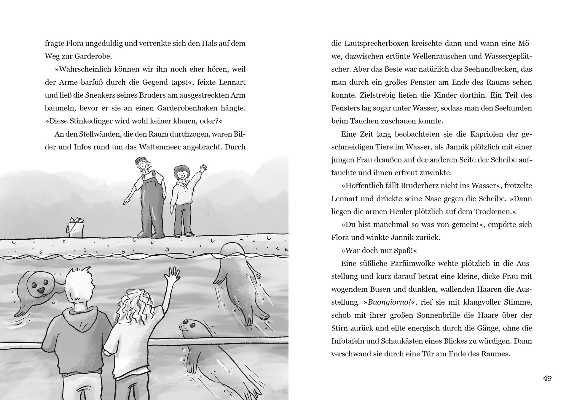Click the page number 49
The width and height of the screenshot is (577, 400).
coord(547,378)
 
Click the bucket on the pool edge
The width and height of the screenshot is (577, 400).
coord(75,227)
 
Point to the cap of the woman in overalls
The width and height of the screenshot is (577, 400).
coord(139,160)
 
